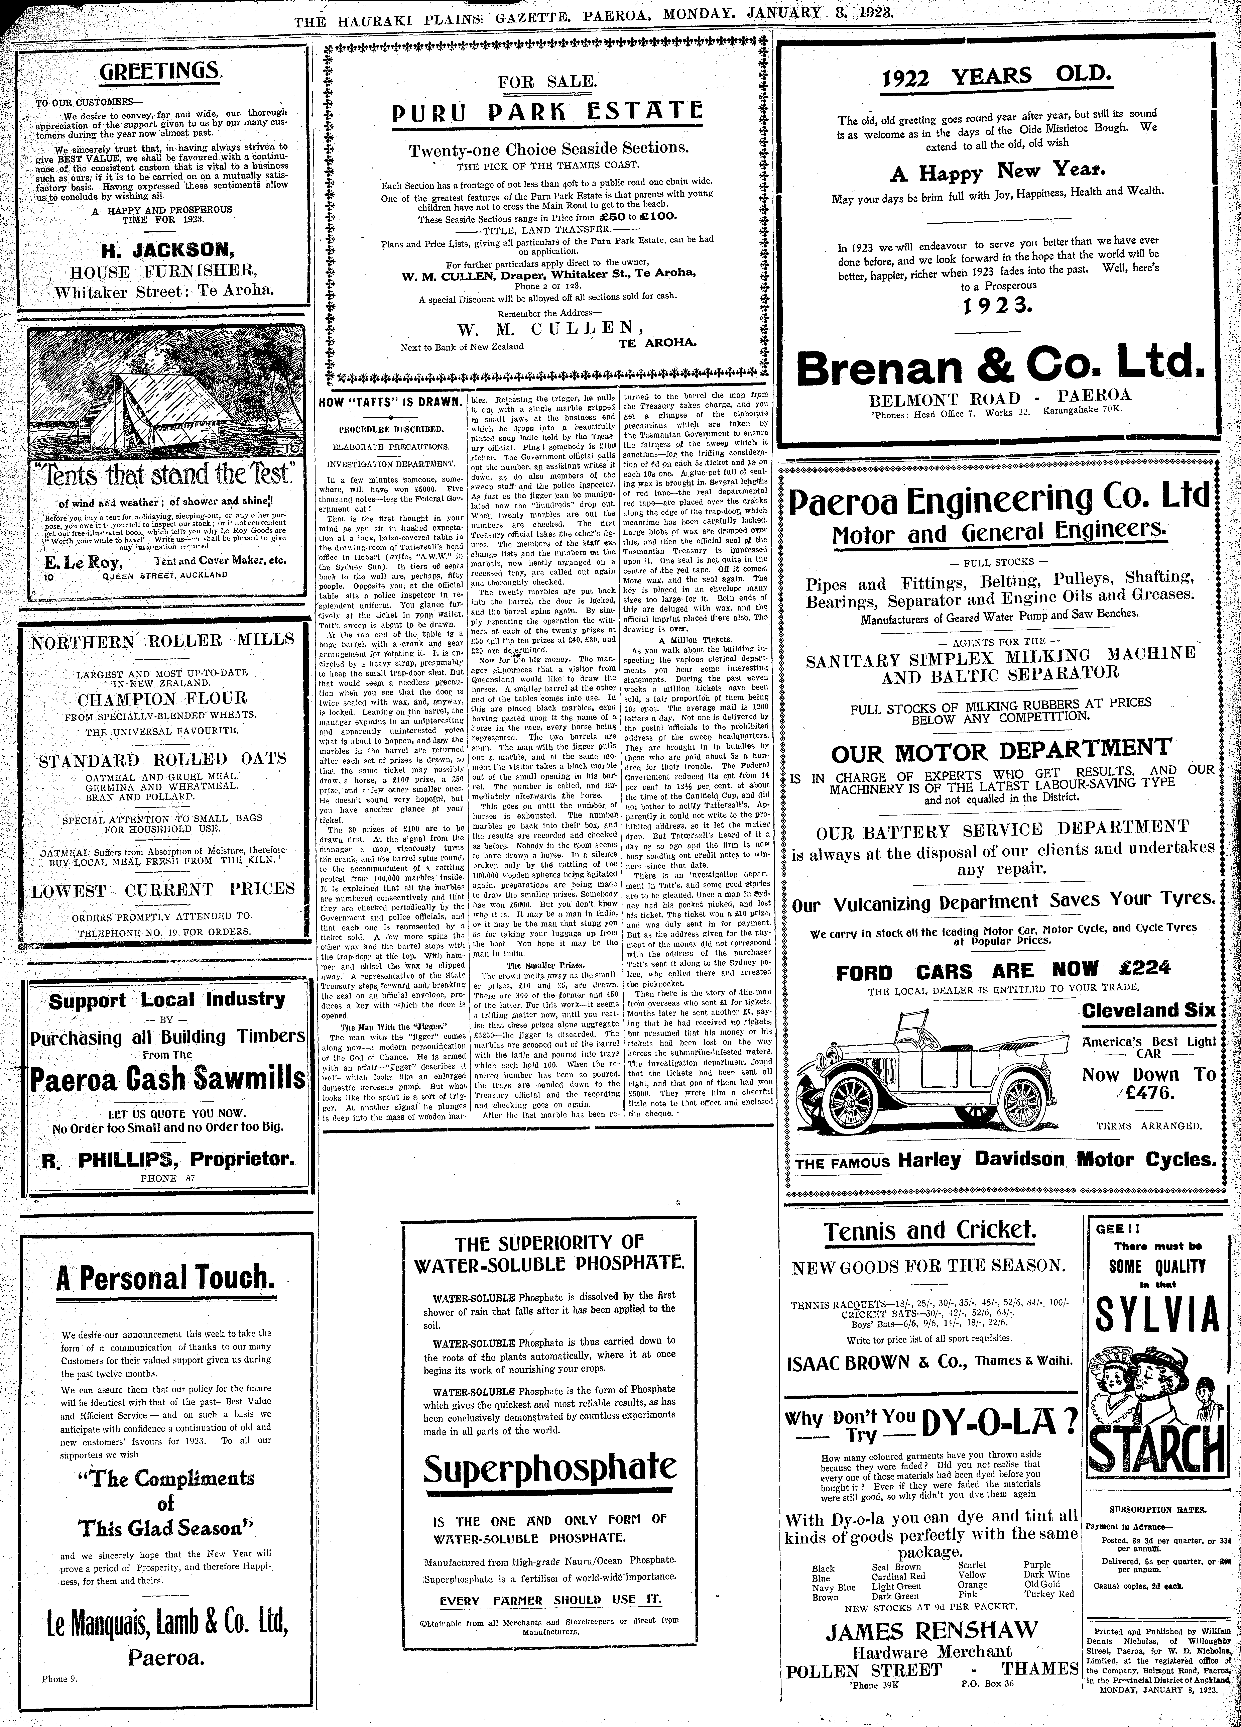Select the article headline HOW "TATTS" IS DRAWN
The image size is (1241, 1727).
coord(390,401)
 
